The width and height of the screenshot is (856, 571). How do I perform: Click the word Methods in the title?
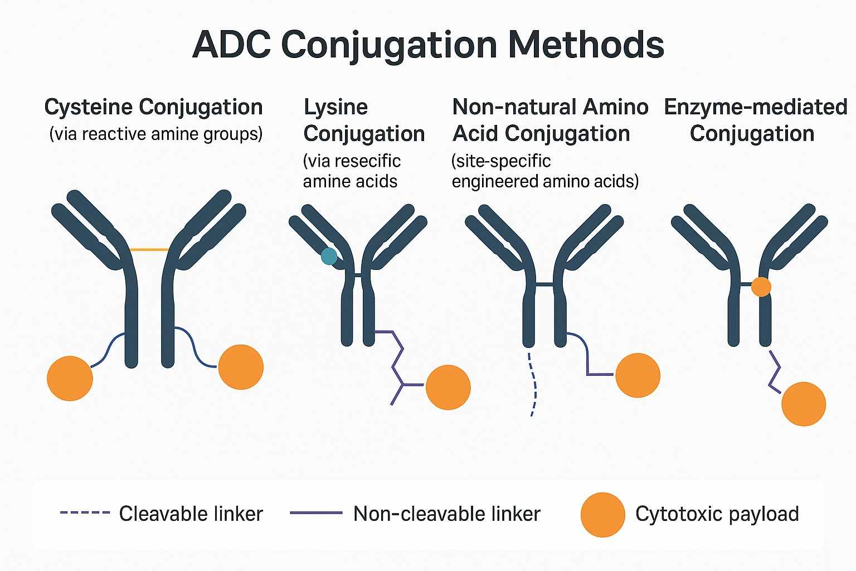pyautogui.click(x=586, y=45)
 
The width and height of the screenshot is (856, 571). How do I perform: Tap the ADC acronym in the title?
pyautogui.click(x=231, y=45)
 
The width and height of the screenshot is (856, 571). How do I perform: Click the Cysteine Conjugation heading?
pyautogui.click(x=153, y=107)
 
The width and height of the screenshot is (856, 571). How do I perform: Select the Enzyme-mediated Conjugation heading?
pyautogui.click(x=755, y=120)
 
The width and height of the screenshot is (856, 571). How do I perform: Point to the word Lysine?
pyautogui.click(x=335, y=107)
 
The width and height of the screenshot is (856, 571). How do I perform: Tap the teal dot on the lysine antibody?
pyautogui.click(x=329, y=256)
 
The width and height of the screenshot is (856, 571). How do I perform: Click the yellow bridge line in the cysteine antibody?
pyautogui.click(x=149, y=250)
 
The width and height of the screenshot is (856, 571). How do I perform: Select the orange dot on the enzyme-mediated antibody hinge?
pyautogui.click(x=761, y=287)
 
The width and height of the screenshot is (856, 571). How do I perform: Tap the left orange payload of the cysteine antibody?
pyautogui.click(x=70, y=378)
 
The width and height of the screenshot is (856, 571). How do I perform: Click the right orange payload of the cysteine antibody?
pyautogui.click(x=241, y=367)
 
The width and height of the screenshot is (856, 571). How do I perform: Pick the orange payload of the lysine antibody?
pyautogui.click(x=448, y=387)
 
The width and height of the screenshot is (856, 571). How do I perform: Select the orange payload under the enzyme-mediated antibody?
pyautogui.click(x=803, y=404)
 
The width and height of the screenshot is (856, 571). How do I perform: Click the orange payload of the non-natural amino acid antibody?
pyautogui.click(x=638, y=375)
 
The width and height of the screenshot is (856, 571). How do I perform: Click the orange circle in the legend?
pyautogui.click(x=602, y=515)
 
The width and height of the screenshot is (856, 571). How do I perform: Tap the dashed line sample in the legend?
pyautogui.click(x=85, y=512)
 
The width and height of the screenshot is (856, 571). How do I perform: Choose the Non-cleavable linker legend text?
pyautogui.click(x=446, y=514)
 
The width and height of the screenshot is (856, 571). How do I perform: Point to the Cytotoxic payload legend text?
pyautogui.click(x=717, y=514)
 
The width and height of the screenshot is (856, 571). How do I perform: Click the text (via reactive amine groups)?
pyautogui.click(x=155, y=134)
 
